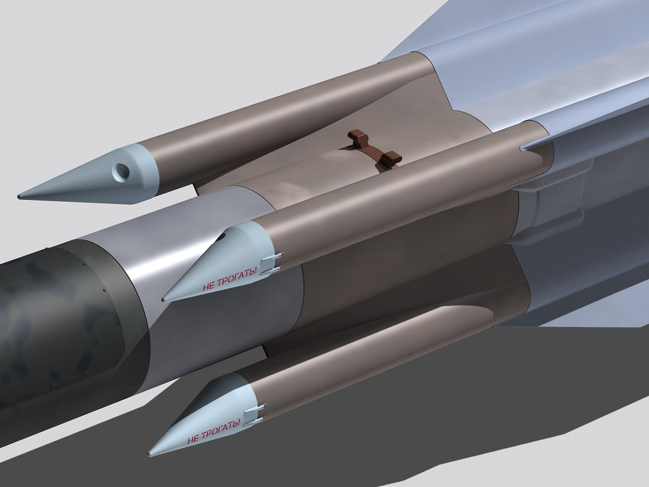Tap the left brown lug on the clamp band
tap(356, 136)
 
